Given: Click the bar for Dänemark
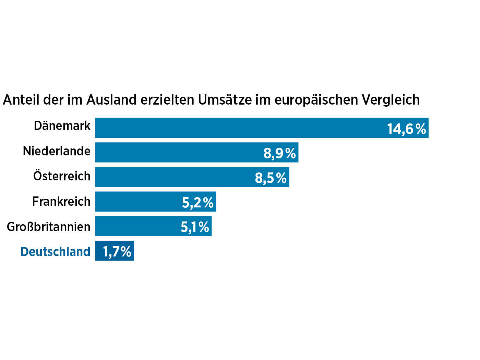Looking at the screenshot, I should [x=240, y=128].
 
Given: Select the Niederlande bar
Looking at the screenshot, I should [x=178, y=153].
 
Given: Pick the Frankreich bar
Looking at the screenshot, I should [x=137, y=202].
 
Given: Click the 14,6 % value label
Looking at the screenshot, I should [x=406, y=129].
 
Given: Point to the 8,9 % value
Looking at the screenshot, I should [x=279, y=153].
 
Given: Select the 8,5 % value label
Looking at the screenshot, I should [x=271, y=178].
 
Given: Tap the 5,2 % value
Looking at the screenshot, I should [x=198, y=203].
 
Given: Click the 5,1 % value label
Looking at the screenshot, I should [x=195, y=227].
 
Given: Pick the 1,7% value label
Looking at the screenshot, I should [x=117, y=252].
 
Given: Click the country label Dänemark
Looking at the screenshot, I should [x=62, y=126].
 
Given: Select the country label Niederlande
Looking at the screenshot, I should [x=57, y=151].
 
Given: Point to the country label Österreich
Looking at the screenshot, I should [x=62, y=176].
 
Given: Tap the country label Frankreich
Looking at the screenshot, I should [x=61, y=201].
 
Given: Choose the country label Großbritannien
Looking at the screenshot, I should [x=49, y=227].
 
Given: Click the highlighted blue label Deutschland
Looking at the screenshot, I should [x=55, y=252].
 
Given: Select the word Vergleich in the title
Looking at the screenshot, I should [x=391, y=100].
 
